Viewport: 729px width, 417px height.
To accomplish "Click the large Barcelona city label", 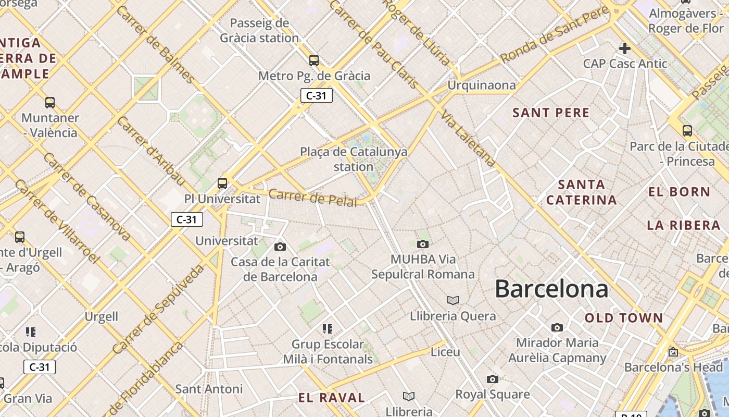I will point(551,289).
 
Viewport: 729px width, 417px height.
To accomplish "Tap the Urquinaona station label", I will point(482,85).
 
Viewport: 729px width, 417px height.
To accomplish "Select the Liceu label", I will point(445,352).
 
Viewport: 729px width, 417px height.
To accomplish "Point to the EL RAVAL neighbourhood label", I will point(332,398).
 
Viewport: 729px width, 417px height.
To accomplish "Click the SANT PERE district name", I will point(551,113).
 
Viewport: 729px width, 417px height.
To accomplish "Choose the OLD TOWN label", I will point(624,318).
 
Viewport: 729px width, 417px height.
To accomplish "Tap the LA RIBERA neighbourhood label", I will point(684,225).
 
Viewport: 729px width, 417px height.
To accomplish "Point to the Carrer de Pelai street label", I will point(313,198).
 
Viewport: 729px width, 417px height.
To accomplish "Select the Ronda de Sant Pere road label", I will point(554,35).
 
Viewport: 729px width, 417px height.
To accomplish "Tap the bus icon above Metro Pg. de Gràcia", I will point(313,60).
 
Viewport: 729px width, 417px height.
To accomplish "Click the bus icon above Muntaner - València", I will point(50,103).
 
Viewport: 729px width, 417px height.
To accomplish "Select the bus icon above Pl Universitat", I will point(222,183).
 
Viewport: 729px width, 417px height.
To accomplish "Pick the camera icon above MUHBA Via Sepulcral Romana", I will point(423,244).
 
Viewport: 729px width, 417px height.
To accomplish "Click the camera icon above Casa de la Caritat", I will point(280,247).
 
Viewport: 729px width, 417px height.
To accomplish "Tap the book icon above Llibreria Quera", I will point(453,300).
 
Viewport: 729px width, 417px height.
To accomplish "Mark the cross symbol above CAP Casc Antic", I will point(624,48).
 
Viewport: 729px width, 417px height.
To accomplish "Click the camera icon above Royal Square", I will point(492,379).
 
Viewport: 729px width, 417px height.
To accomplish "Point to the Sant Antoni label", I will point(209,389).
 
